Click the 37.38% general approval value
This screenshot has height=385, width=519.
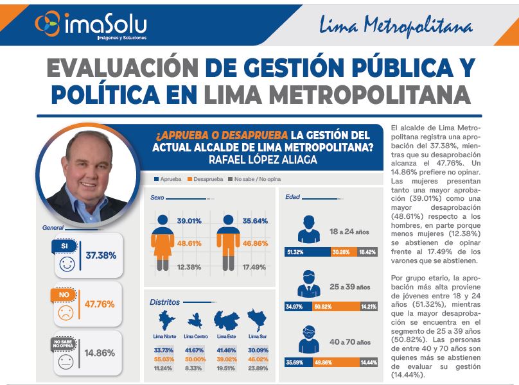tap(101, 255)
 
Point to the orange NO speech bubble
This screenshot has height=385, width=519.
tap(64, 295)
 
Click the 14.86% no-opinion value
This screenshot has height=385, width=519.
tap(100, 352)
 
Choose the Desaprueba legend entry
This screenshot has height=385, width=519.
tap(207, 179)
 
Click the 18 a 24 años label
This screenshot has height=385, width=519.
tap(349, 230)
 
